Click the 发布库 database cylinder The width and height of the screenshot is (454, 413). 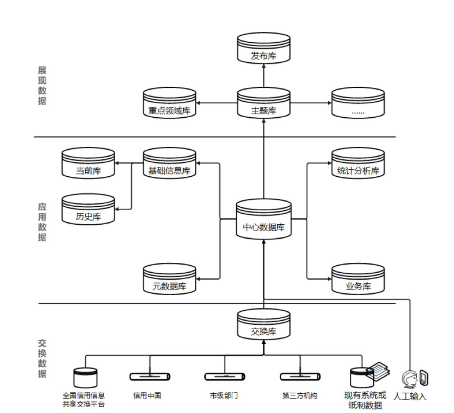[264, 49]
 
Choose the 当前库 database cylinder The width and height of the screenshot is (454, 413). [88, 164]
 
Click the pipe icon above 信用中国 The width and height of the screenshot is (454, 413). [150, 376]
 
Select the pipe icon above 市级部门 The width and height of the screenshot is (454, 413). [225, 376]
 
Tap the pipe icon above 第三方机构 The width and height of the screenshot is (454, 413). [300, 376]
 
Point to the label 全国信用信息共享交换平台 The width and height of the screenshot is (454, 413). [84, 400]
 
